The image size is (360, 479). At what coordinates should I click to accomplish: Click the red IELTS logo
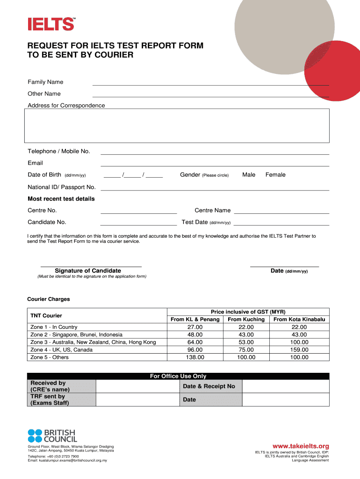(51, 24)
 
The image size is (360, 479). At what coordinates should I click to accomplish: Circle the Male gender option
(249, 175)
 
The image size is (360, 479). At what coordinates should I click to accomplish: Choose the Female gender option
(275, 175)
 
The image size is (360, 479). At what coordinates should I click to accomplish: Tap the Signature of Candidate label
(88, 271)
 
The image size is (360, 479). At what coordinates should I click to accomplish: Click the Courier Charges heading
(49, 299)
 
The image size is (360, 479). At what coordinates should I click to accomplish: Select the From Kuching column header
(246, 319)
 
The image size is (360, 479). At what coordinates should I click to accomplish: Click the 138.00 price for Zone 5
(195, 357)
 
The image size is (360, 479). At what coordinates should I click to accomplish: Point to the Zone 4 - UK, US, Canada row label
(61, 350)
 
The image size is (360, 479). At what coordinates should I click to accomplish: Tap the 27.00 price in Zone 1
(195, 327)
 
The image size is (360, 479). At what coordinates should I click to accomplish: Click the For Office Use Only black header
(178, 376)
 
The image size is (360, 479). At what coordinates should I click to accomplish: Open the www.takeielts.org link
(301, 446)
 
